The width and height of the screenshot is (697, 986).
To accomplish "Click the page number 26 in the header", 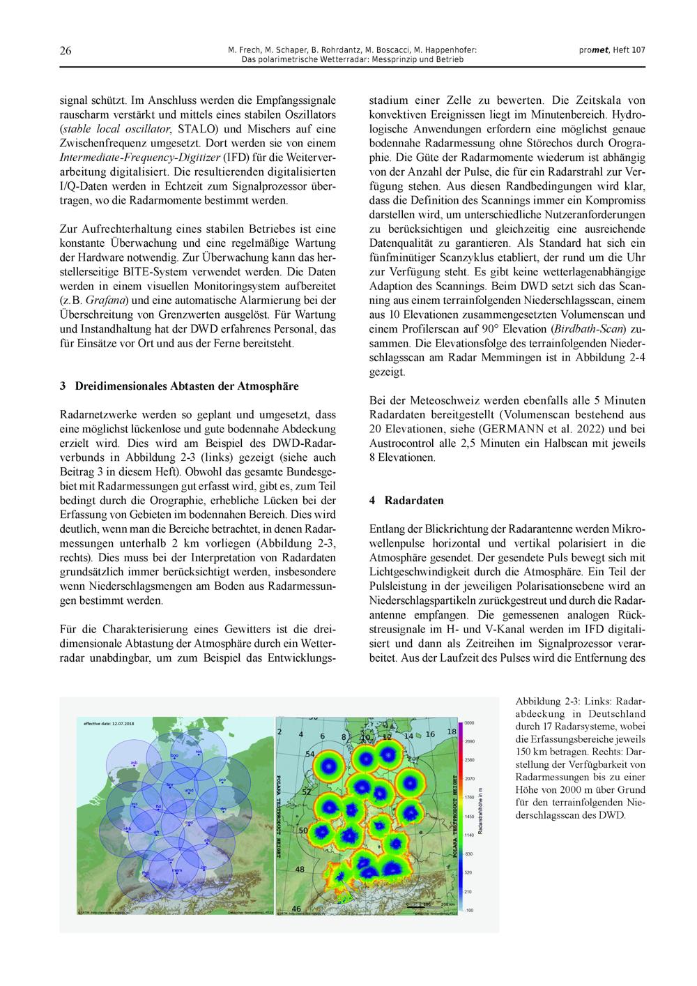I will point(66,51).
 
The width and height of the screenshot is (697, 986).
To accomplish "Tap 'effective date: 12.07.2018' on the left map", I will point(109,724).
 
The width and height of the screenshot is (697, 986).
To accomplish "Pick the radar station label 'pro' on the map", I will point(222,780).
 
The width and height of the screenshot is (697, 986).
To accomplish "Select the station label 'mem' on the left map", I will point(177,870).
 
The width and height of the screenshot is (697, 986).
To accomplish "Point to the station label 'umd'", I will point(188,790).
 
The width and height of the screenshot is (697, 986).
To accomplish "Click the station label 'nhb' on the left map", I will point(127,828).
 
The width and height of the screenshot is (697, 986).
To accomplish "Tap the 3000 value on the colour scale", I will point(469,723).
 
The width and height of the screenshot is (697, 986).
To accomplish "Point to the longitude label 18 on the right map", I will point(451,731).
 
